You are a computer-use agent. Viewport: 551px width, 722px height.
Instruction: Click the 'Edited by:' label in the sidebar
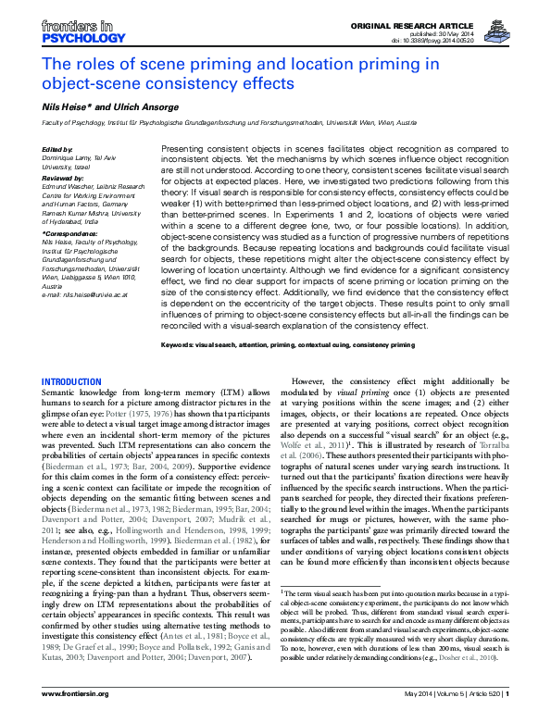(59, 148)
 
